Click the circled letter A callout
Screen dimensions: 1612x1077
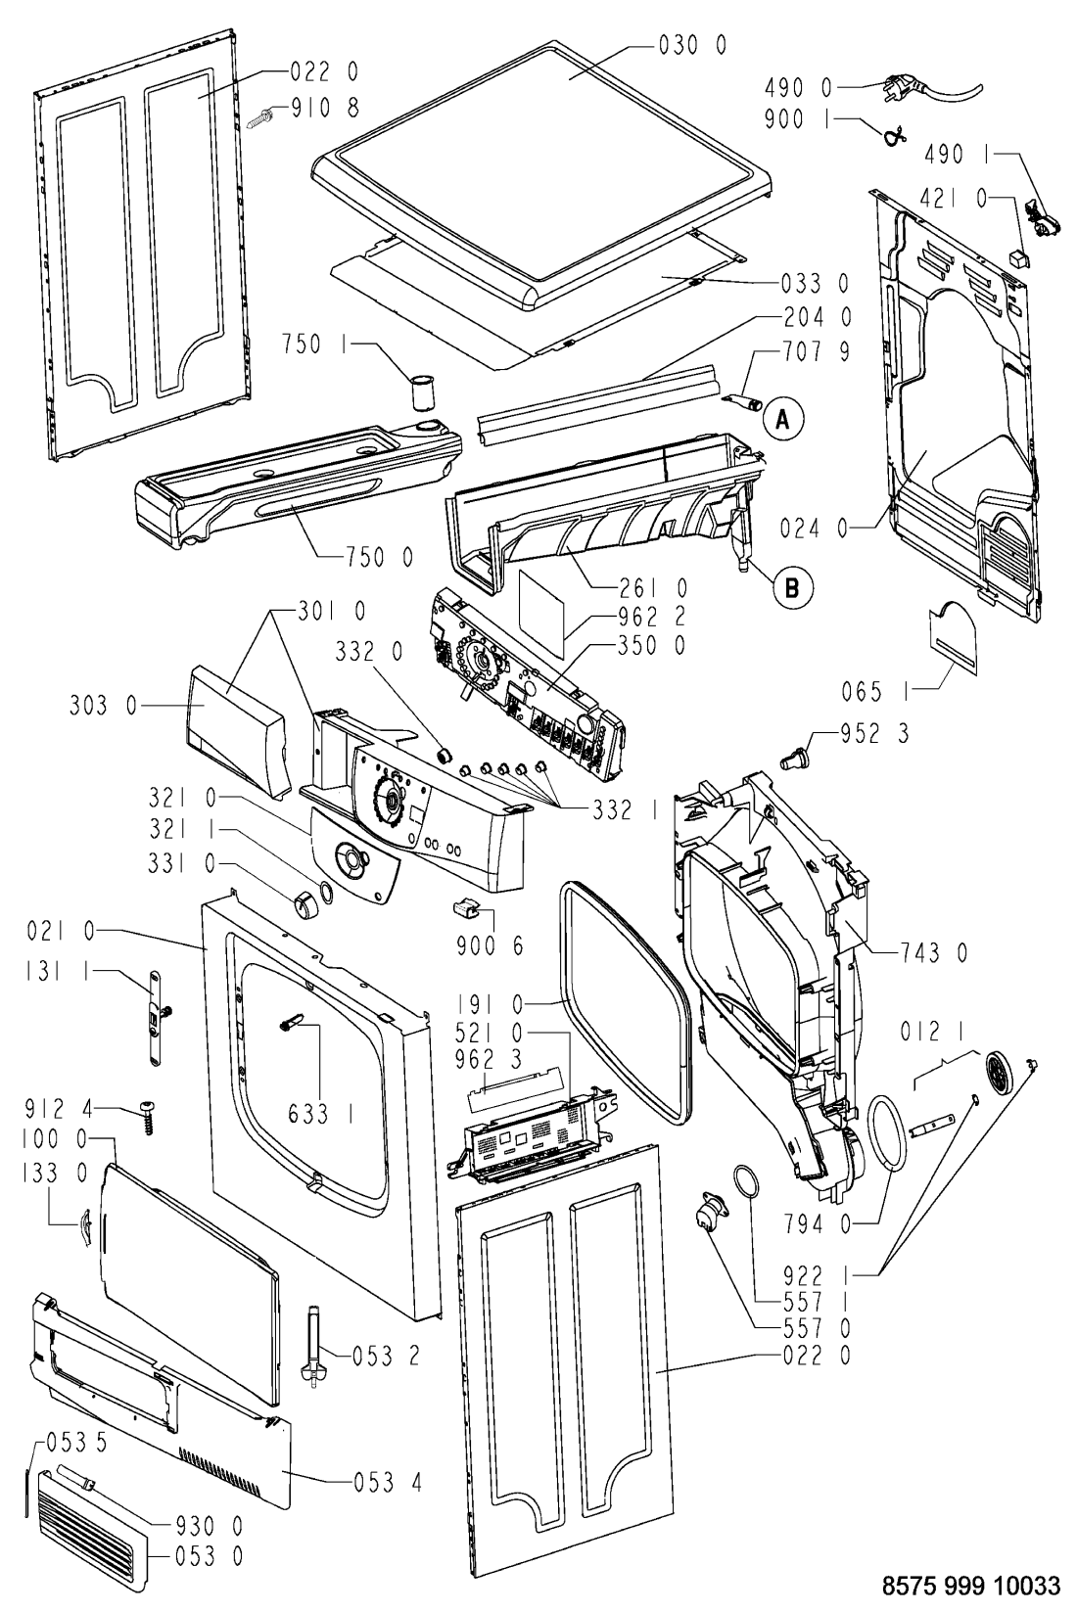coord(780,419)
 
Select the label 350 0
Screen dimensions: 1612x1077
coord(651,646)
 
